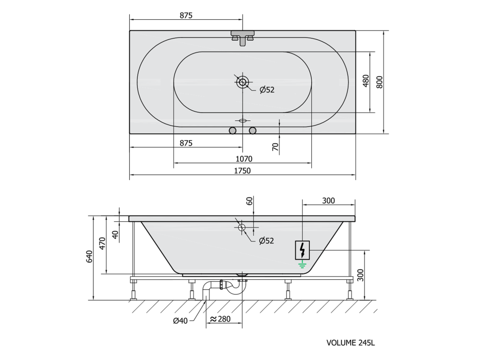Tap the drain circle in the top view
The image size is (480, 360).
pyautogui.click(x=242, y=82)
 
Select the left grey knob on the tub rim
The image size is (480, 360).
pyautogui.click(x=232, y=131)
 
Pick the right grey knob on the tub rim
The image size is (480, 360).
pyautogui.click(x=253, y=131)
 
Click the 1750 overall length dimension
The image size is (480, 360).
pyautogui.click(x=242, y=170)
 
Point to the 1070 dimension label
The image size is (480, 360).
pyautogui.click(x=244, y=158)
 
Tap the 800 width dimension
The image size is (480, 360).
pyautogui.click(x=379, y=82)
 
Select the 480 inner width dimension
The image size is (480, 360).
pyautogui.click(x=366, y=81)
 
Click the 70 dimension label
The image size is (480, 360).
pyautogui.click(x=276, y=147)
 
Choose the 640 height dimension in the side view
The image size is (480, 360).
pyautogui.click(x=89, y=256)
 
